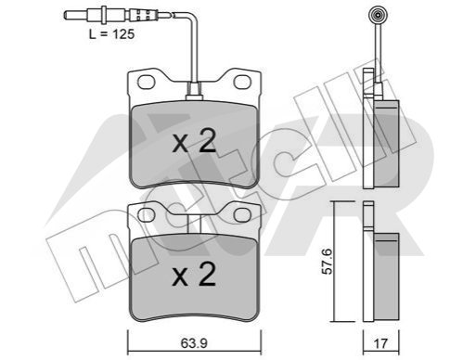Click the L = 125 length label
pyautogui.click(x=111, y=34)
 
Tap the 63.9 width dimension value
pyautogui.click(x=194, y=343)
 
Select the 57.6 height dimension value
pyautogui.click(x=327, y=261)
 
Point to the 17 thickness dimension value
pyautogui.click(x=380, y=343)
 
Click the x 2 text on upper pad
pyautogui.click(x=194, y=141)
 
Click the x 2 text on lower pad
pyautogui.click(x=194, y=274)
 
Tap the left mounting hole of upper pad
pyautogui.click(x=146, y=82)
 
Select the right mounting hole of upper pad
pyautogui.click(x=242, y=82)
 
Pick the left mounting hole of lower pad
pyautogui.click(x=146, y=215)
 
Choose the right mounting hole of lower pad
pyautogui.click(x=242, y=215)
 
